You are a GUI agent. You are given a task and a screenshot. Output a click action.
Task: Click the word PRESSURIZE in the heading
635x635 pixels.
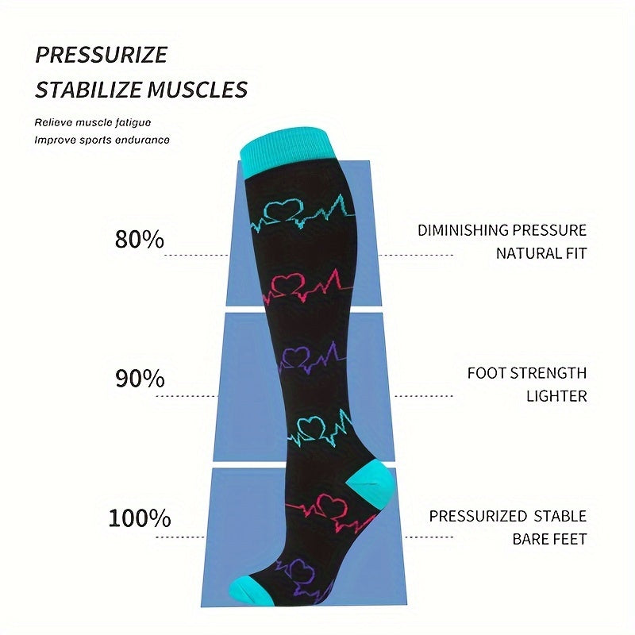pyautogui.click(x=102, y=55)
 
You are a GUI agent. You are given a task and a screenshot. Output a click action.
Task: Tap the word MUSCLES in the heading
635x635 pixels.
pyautogui.click(x=197, y=90)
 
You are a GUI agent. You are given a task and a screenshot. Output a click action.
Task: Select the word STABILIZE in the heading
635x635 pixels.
pyautogui.click(x=89, y=90)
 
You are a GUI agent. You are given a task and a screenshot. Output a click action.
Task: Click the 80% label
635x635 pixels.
pyautogui.click(x=140, y=239)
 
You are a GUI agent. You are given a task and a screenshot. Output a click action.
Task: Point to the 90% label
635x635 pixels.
pyautogui.click(x=140, y=379)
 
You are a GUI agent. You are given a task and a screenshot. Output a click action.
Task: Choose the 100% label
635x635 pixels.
pyautogui.click(x=140, y=518)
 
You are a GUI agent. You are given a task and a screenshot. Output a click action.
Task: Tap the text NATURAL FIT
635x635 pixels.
pyautogui.click(x=541, y=253)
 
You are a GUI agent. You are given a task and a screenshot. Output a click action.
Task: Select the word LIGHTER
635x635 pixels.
pyautogui.click(x=556, y=396)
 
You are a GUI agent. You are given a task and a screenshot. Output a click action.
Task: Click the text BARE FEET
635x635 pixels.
pyautogui.click(x=549, y=539)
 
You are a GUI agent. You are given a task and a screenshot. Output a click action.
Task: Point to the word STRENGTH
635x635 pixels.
pyautogui.click(x=548, y=373)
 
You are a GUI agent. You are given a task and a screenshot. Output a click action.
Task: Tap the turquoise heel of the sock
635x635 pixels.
pyautogui.click(x=371, y=482)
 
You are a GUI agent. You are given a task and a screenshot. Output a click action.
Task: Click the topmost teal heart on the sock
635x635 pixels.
pyautogui.click(x=283, y=210)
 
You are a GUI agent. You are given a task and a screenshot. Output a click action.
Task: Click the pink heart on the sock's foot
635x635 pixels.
pyautogui.click(x=331, y=506)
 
